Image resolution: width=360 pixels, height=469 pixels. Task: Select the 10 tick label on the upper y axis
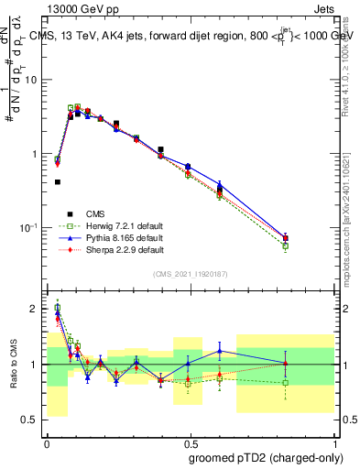coord(32,80)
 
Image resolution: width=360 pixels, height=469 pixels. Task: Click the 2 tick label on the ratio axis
coord(37,309)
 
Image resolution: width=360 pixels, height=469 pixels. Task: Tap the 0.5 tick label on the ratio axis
coord(33,420)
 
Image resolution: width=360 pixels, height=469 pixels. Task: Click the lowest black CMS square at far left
coord(58,182)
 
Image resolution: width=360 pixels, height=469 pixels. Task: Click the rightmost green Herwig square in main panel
coord(286,245)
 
